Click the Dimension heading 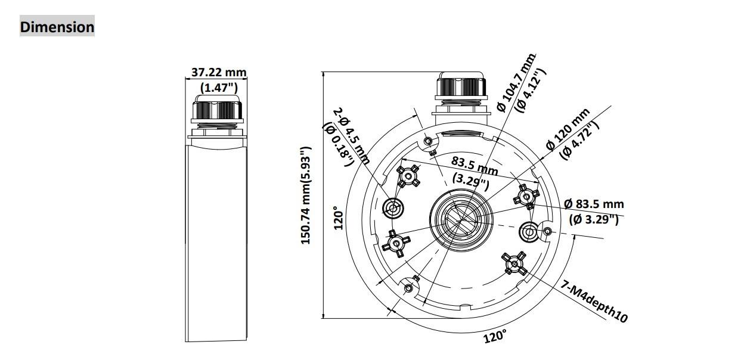point(57,26)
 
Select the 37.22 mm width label point(219,72)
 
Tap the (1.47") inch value point(219,88)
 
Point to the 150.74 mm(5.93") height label point(306,195)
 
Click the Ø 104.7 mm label point(516,83)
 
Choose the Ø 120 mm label point(568,129)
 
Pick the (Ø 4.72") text point(579,140)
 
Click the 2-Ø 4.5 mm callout point(351,136)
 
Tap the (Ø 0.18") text point(339,144)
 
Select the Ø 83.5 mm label point(594,204)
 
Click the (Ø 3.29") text point(594,219)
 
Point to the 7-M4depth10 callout point(594,302)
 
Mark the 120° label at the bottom point(495,337)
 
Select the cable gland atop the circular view point(461,94)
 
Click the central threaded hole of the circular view point(461,220)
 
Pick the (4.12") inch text point(532,91)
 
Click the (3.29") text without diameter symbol point(470,182)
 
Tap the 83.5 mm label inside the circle point(475,166)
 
